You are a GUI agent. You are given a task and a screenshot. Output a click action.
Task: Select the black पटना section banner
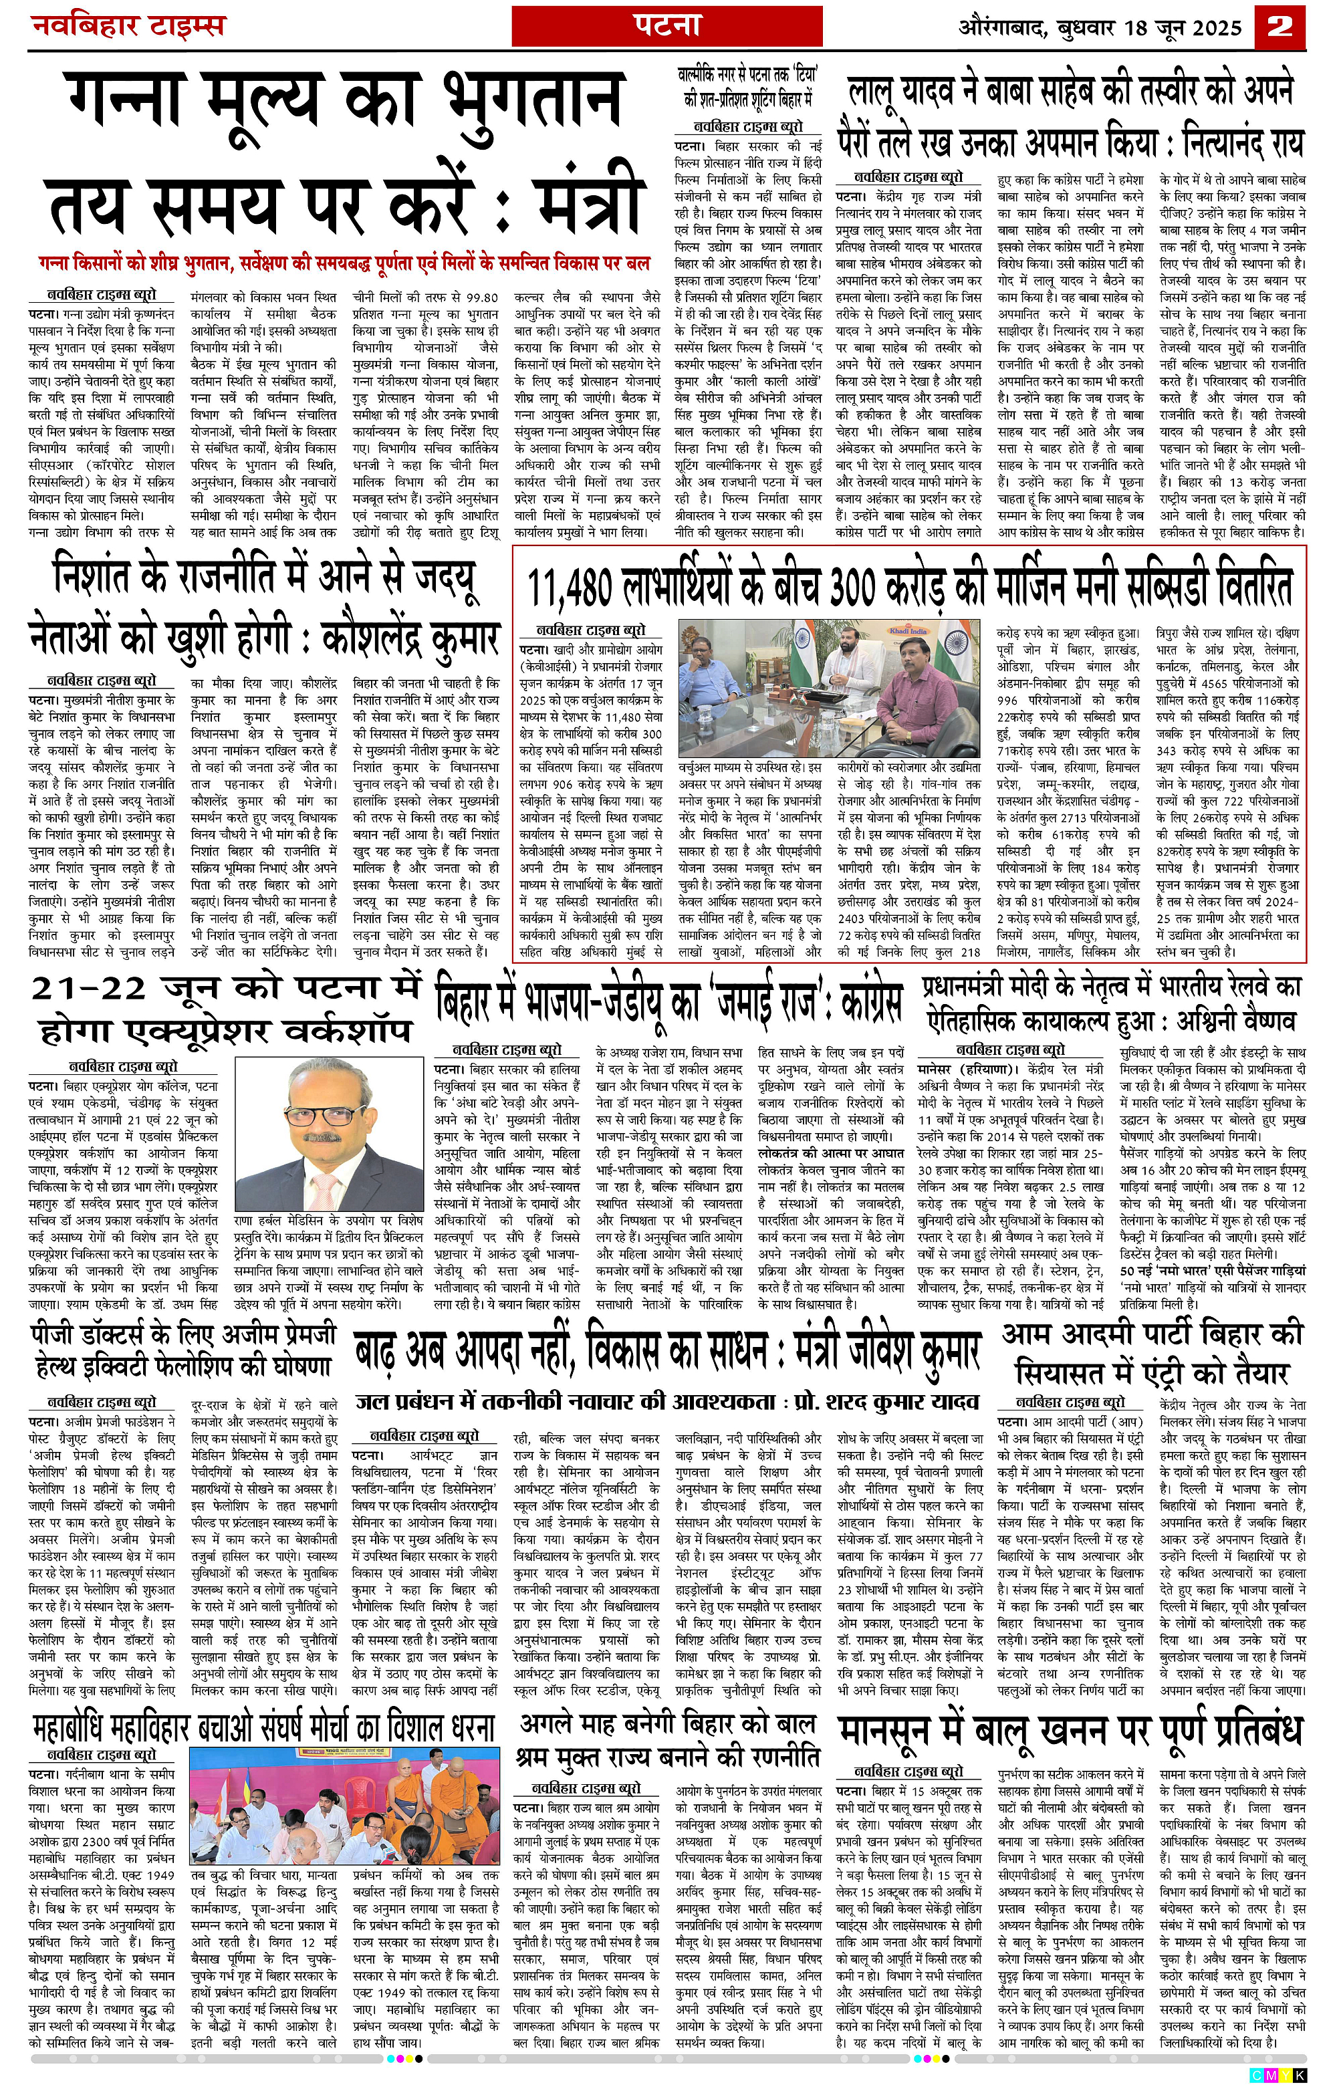coord(666,23)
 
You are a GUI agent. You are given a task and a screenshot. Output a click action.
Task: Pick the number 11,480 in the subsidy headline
coord(572,590)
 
